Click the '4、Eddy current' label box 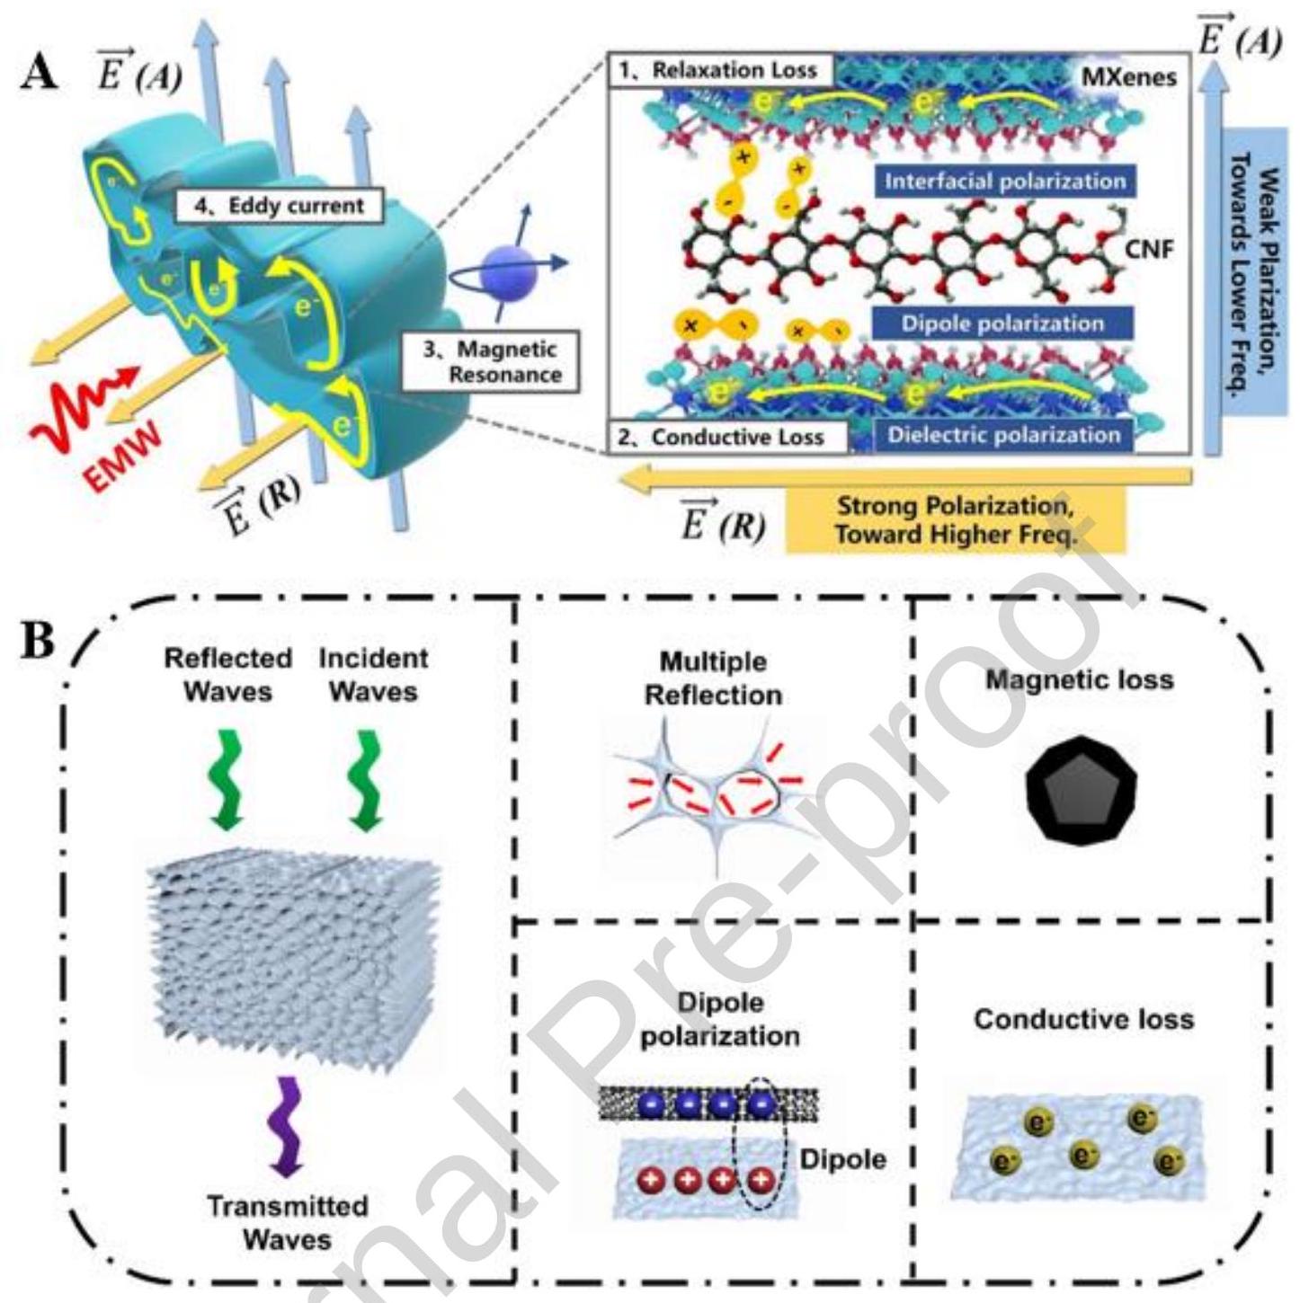(x=279, y=206)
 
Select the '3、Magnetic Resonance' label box (x=492, y=361)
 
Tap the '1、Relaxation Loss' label (x=722, y=71)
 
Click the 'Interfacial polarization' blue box (x=1004, y=181)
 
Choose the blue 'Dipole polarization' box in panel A (x=1002, y=324)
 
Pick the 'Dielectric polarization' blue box (x=1004, y=435)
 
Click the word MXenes (x=1128, y=77)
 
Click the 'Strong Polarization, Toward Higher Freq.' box (x=955, y=519)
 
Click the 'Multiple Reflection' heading (x=713, y=678)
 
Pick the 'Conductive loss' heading (x=1083, y=1019)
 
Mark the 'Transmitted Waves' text (x=287, y=1222)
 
